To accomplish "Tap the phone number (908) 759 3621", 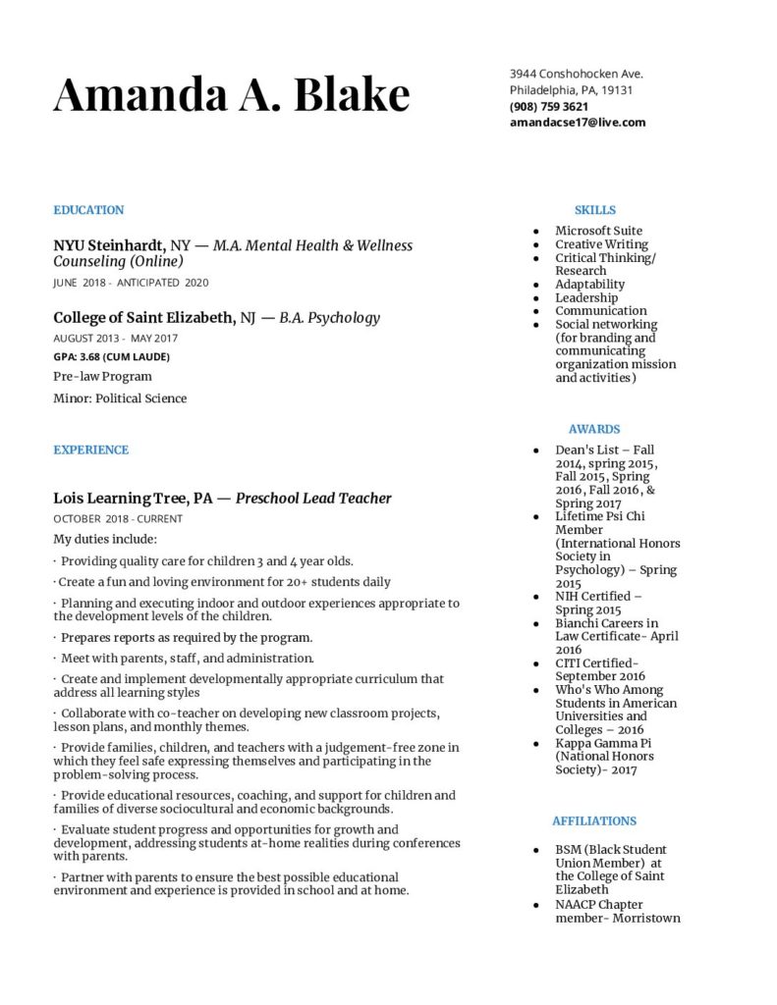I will click(549, 106).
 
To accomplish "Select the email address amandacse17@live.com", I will click(577, 123).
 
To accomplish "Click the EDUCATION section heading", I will click(88, 210).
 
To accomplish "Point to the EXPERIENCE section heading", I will click(90, 450).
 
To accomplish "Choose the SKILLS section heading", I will click(594, 210).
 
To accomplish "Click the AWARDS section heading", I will click(593, 429).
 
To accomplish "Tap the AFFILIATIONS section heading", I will click(593, 820).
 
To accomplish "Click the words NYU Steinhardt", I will click(108, 245).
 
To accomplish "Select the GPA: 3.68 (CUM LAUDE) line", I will click(111, 357).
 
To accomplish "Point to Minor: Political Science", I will click(120, 398).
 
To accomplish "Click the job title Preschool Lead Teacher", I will click(313, 499).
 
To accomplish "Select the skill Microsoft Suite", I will click(598, 231).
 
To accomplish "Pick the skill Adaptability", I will click(589, 285).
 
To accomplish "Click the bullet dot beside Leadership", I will click(535, 298).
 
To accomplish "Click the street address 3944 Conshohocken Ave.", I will click(576, 74).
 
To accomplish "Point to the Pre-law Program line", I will click(102, 377).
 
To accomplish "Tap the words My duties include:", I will click(105, 539).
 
